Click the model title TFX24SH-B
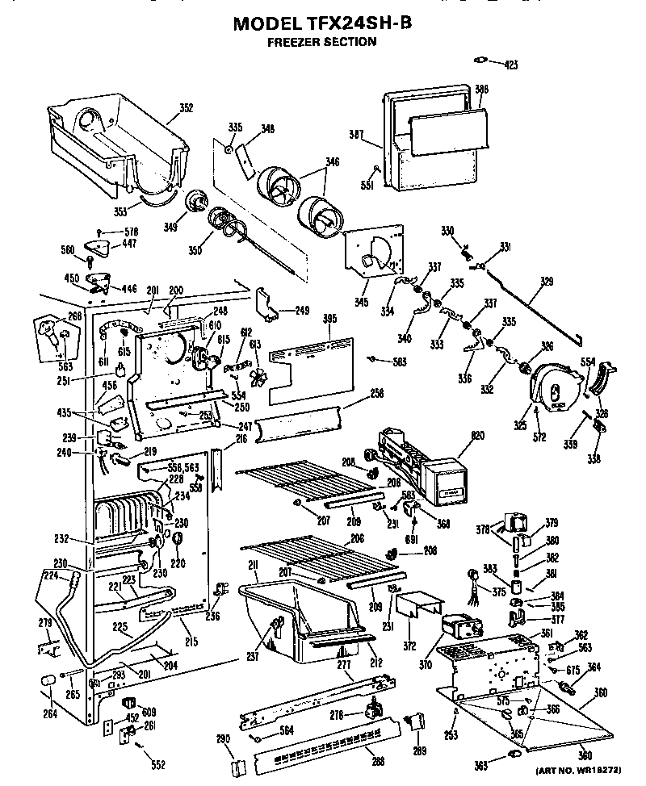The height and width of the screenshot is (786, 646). [x=322, y=23]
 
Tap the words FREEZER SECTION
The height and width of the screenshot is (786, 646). [x=321, y=42]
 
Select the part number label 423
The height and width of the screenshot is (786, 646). [x=510, y=64]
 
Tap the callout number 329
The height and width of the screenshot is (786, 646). [x=547, y=282]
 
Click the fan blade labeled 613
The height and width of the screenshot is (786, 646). [x=261, y=378]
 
